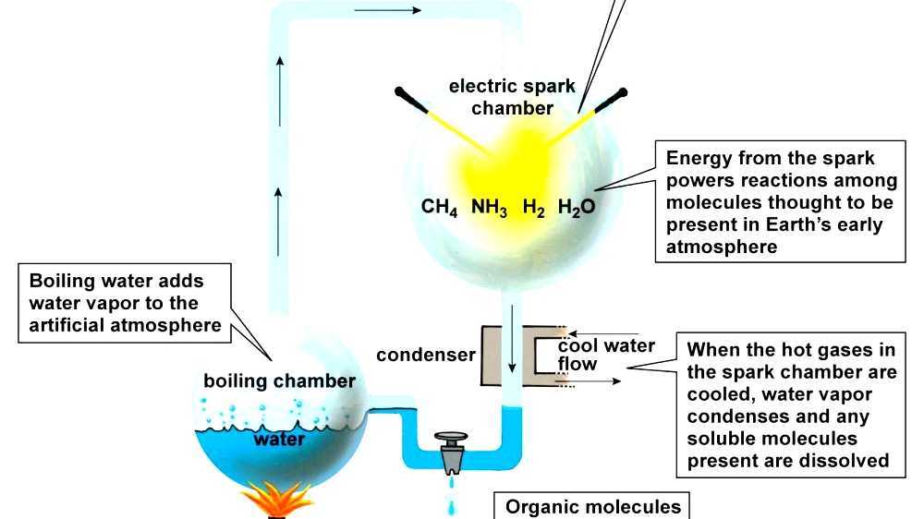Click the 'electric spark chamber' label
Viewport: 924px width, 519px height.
[512, 97]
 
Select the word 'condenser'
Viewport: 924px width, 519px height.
[426, 355]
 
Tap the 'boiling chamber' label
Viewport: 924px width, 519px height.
[279, 380]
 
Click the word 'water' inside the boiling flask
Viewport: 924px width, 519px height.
[279, 439]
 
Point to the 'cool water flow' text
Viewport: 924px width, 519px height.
[605, 356]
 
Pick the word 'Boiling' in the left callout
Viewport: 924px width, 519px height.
[64, 281]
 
